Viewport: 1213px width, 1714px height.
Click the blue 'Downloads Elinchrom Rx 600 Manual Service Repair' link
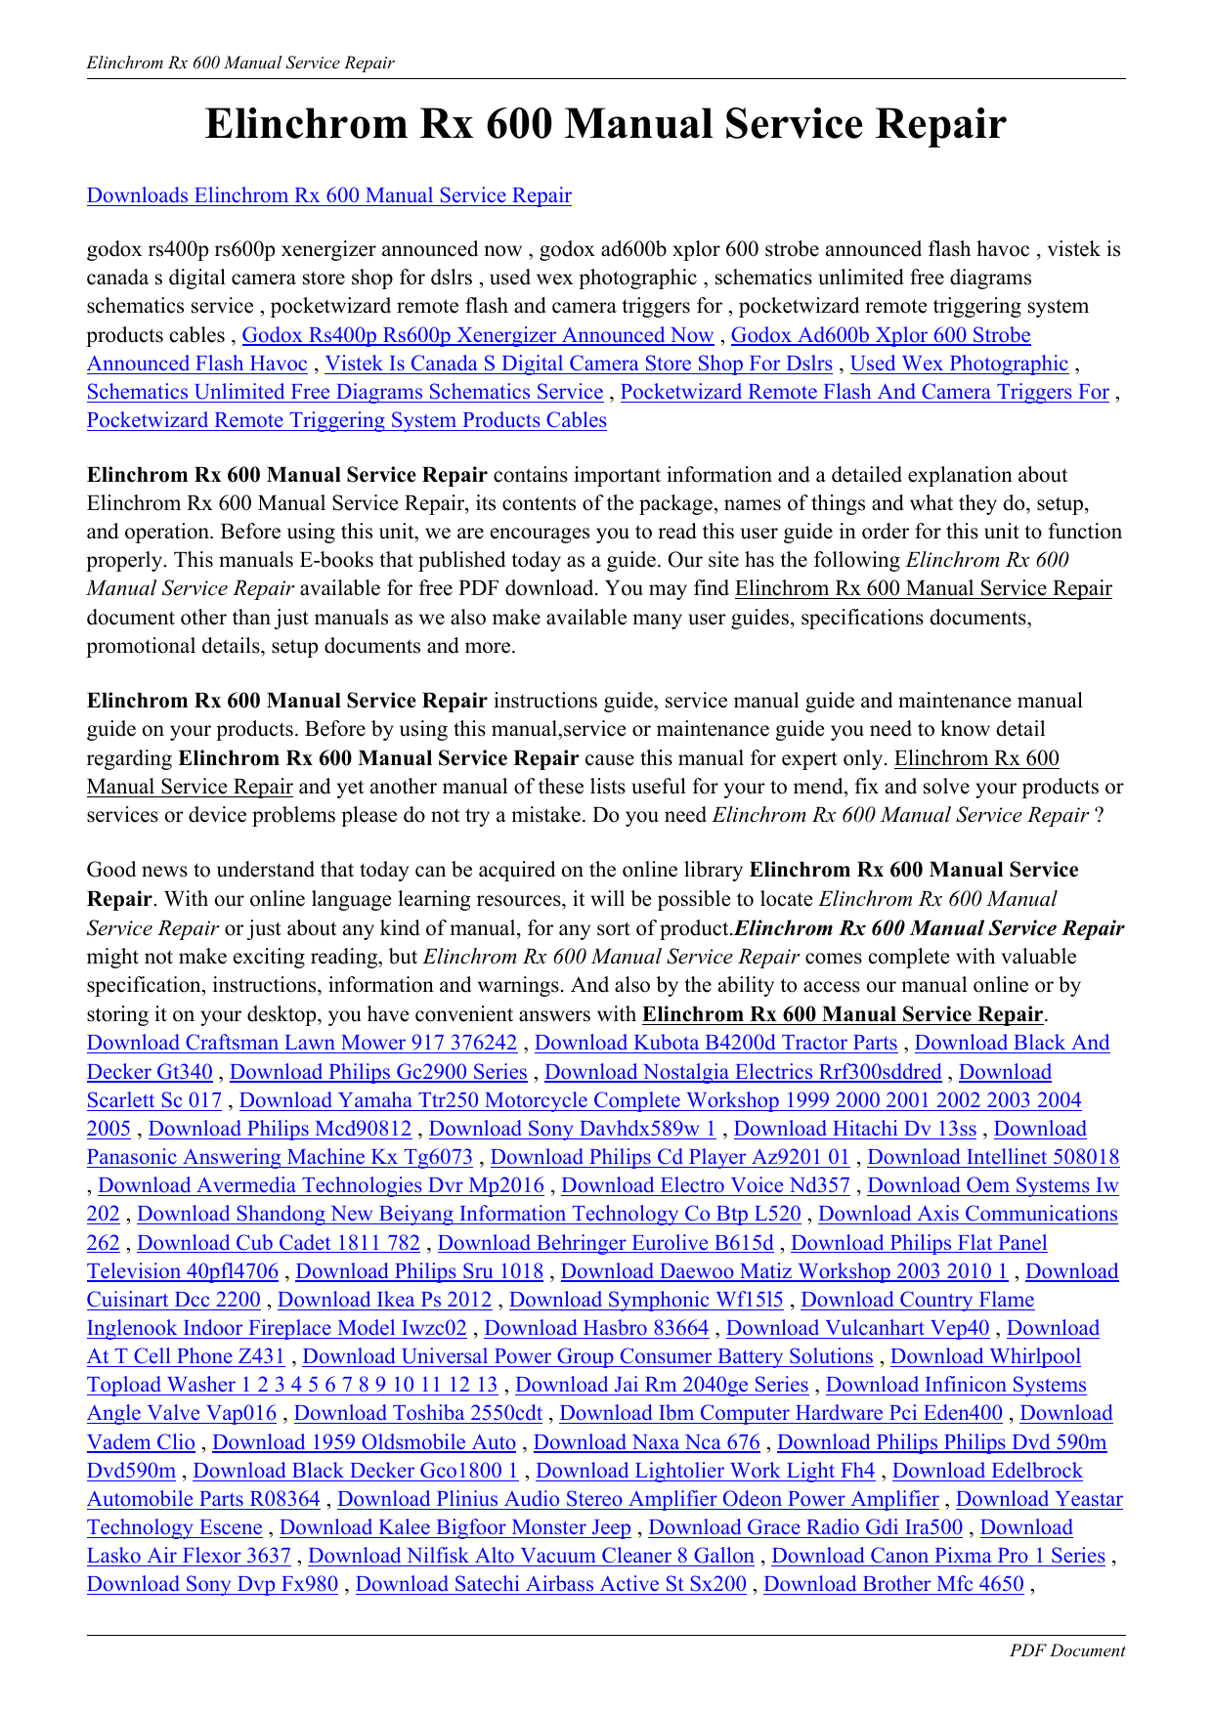(328, 195)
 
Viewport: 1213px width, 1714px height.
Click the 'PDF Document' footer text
(1066, 1650)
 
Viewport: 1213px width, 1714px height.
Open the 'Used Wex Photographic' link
(959, 364)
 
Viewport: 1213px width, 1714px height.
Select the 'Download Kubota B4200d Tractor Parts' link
(715, 1043)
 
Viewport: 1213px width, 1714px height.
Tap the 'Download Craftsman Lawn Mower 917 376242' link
(302, 1043)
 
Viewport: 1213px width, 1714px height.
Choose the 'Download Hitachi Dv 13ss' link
(855, 1129)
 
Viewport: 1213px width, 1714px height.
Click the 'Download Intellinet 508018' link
(993, 1157)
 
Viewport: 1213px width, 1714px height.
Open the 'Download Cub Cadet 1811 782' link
(279, 1243)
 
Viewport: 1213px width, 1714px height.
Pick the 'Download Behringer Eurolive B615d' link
(605, 1243)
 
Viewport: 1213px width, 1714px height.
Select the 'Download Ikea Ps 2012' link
(385, 1300)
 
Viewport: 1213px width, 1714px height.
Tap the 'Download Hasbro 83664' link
(596, 1328)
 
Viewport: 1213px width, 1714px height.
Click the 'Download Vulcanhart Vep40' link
(857, 1328)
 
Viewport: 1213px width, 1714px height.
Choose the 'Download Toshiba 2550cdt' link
(418, 1413)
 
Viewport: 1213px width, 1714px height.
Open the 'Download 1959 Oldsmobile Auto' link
(364, 1442)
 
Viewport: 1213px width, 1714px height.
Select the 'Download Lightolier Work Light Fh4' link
(706, 1471)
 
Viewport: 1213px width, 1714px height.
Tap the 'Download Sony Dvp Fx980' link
(212, 1584)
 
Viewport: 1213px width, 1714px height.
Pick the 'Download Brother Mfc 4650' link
(893, 1584)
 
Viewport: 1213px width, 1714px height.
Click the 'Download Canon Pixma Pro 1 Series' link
(938, 1556)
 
